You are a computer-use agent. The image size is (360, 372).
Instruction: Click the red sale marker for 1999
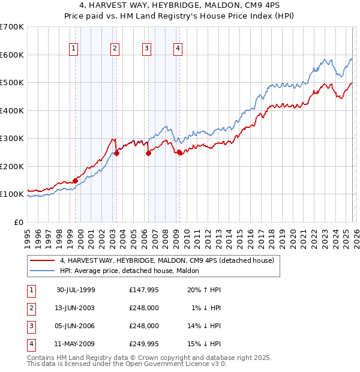[x=76, y=181]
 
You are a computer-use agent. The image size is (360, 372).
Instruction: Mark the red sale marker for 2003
[x=116, y=153]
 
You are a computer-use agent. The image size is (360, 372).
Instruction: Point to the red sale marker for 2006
[x=148, y=153]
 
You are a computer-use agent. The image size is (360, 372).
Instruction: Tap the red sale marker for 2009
[x=179, y=152]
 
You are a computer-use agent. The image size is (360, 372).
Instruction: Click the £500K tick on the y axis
[x=12, y=83]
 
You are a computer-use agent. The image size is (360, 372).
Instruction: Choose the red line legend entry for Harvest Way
[x=167, y=260]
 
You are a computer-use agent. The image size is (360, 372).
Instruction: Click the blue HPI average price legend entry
[x=133, y=271]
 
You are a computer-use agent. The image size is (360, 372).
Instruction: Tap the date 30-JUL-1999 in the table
[x=76, y=290]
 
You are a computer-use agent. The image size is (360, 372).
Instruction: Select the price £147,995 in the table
[x=144, y=290]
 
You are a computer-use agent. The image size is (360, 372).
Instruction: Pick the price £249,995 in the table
[x=144, y=344]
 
